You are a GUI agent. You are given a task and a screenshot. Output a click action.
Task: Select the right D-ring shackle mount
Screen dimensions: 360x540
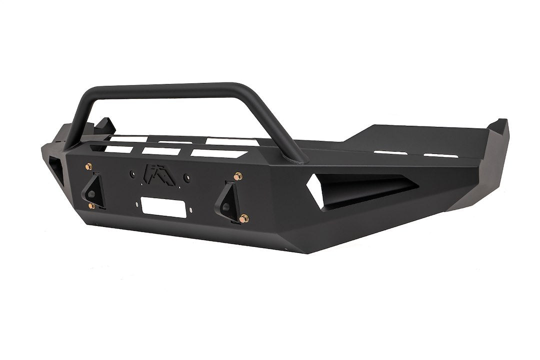[x=226, y=199]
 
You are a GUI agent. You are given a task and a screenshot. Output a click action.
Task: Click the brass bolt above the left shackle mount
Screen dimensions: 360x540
[x=89, y=166]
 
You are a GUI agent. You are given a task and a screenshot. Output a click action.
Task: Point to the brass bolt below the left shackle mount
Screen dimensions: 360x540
[x=91, y=206]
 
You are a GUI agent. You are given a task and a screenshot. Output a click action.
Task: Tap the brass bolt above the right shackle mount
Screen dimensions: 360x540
[x=237, y=176]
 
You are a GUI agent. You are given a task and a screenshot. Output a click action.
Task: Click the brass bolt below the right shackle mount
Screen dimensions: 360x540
[x=243, y=218]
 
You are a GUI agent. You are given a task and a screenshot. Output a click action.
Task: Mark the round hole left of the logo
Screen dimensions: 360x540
[x=132, y=174]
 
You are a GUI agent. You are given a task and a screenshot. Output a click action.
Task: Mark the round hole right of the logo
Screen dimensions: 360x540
[x=186, y=177]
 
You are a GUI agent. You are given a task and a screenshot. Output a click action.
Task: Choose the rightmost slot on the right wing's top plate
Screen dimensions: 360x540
[x=441, y=155]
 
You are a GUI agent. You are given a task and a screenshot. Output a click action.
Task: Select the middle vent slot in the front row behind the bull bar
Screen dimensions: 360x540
[x=160, y=150]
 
